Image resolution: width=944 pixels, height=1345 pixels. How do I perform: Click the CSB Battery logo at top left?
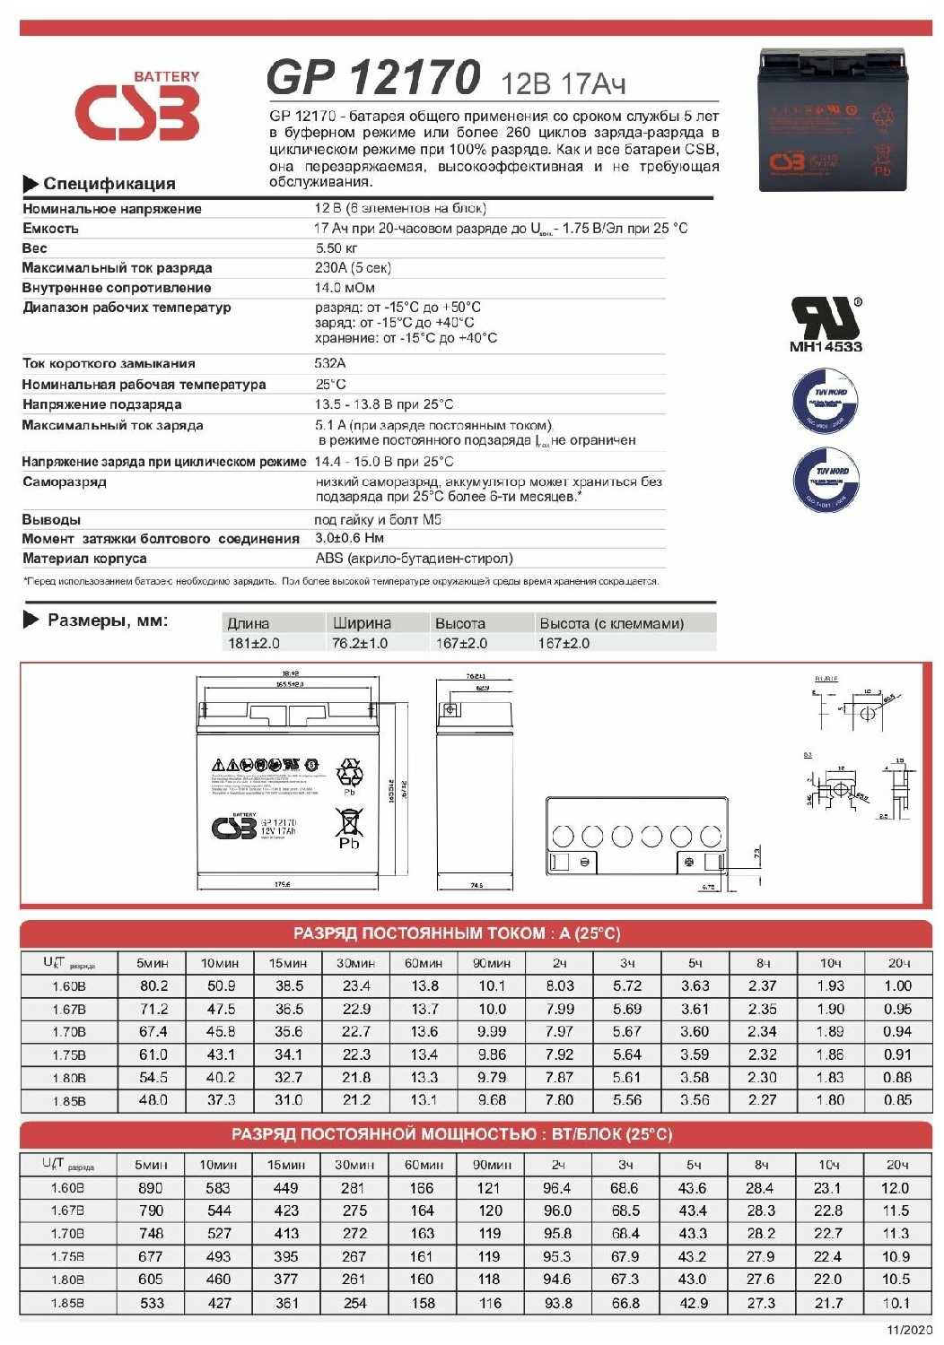click(136, 108)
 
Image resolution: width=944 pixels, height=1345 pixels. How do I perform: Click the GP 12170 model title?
click(373, 78)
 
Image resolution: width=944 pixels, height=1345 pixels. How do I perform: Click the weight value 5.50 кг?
click(337, 248)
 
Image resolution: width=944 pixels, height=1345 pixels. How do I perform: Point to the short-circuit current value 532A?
click(330, 363)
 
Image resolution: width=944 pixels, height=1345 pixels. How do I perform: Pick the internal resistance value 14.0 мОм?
click(345, 288)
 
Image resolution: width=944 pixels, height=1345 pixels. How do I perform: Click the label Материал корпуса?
click(84, 559)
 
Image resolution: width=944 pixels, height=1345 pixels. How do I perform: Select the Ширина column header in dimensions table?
click(362, 623)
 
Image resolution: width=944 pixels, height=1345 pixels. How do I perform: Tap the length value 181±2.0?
click(254, 643)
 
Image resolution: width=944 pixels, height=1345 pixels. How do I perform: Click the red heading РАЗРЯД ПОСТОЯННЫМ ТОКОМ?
click(457, 933)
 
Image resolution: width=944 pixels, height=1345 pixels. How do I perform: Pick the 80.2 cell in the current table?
click(153, 985)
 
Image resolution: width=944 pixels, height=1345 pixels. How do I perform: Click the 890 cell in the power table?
click(151, 1188)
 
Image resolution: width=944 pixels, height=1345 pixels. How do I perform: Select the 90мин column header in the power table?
click(492, 1165)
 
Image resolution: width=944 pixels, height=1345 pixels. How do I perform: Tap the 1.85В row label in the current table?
click(69, 1100)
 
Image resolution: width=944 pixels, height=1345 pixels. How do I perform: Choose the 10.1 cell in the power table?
click(896, 1303)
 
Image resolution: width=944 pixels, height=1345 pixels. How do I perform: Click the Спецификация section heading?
click(109, 184)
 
